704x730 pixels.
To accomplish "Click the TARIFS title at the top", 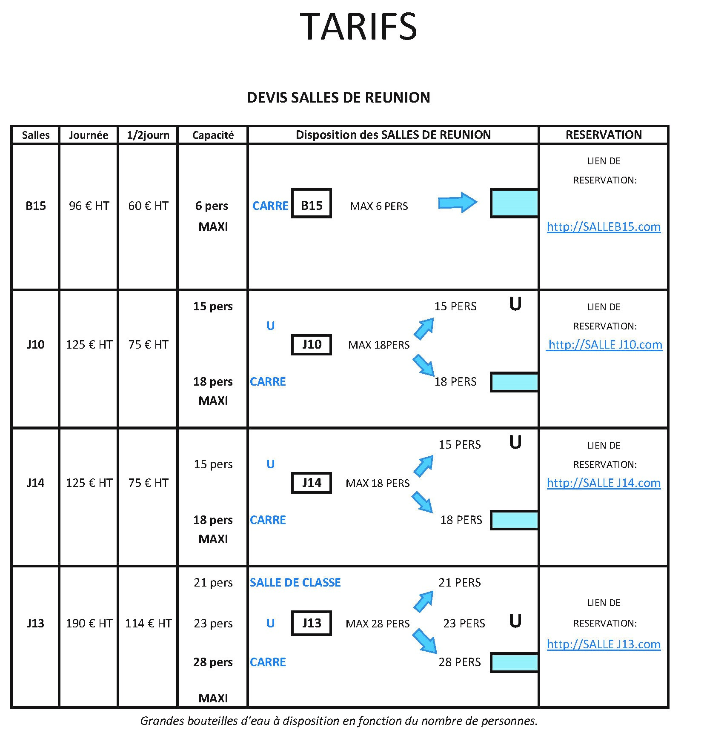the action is [358, 26].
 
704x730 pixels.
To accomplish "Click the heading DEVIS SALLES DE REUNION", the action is [338, 97].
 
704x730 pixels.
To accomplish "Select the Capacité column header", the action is [213, 135].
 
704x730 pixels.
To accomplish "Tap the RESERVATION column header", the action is [604, 135].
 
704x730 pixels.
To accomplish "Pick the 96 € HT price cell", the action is [89, 206].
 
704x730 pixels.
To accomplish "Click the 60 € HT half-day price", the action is [148, 206].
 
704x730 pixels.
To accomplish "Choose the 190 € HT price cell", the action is [89, 624].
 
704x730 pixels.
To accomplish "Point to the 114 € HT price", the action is [148, 624].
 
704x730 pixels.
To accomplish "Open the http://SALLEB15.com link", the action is [604, 227].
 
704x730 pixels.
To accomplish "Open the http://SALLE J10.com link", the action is [604, 345].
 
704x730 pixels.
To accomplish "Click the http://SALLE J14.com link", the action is [604, 483].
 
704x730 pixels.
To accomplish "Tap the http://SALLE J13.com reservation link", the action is [604, 644].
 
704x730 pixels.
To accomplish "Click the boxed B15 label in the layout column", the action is [312, 203].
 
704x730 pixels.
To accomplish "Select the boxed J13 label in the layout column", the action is [312, 623].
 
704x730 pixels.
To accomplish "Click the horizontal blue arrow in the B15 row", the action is [458, 203].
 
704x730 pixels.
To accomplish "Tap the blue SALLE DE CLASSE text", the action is [295, 583].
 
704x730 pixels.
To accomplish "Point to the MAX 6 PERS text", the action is [379, 206].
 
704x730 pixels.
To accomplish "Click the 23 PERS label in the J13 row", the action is [464, 624].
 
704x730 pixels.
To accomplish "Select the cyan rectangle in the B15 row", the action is [514, 203].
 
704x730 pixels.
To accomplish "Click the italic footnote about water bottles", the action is [339, 721].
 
